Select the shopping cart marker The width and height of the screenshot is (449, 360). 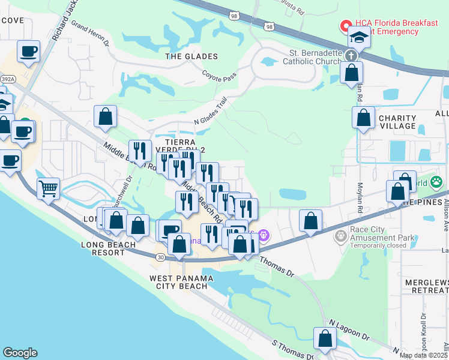48,188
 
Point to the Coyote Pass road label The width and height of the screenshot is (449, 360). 219,77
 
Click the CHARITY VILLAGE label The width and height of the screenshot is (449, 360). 397,122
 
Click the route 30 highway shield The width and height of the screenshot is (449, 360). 161,257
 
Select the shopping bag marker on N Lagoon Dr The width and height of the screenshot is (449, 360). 325,338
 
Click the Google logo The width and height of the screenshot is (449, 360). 20,353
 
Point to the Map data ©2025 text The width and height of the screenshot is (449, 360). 423,355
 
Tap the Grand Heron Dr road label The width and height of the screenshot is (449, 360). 90,33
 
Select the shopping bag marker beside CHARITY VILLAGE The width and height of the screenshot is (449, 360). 363,118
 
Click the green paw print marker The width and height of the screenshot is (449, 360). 436,182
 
